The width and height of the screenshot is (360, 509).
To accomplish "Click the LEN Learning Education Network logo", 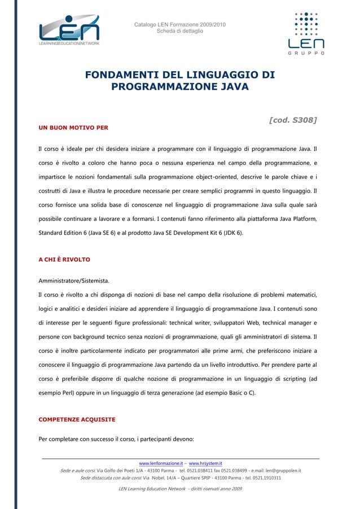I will coord(69,31).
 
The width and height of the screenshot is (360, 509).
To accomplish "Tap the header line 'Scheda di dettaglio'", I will coord(180,31).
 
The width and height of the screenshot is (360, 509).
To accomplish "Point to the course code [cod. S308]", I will coord(292,120).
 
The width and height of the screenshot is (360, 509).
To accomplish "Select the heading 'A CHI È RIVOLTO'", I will coord(64,260).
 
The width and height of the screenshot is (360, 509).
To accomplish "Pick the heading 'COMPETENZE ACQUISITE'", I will coord(76,420).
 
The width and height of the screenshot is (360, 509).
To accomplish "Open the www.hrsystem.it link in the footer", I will coord(205,463).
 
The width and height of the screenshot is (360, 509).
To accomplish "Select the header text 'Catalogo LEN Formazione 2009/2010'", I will coord(180,24).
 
